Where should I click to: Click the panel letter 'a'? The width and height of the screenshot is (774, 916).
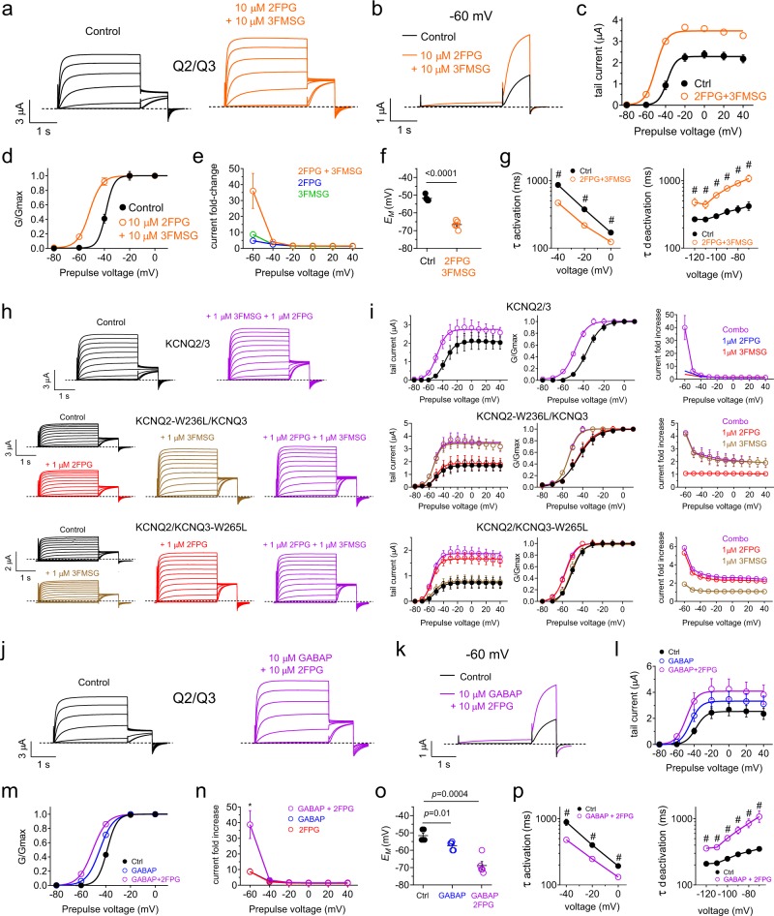[8, 9]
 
